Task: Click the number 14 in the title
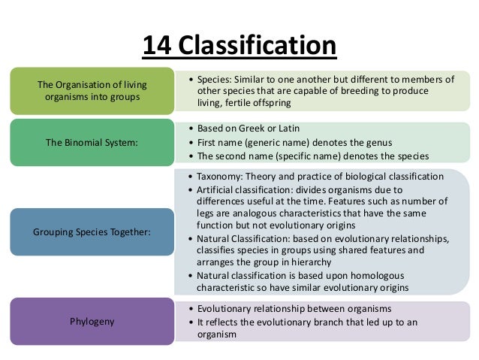tap(155, 45)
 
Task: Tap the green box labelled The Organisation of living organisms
tap(92, 90)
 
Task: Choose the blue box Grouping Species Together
tap(92, 231)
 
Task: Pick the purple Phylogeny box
tap(92, 322)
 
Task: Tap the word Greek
tap(253, 128)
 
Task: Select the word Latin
tap(292, 128)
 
